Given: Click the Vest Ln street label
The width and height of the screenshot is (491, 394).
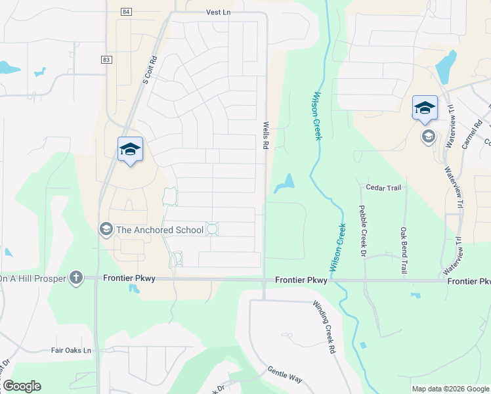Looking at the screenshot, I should click(219, 12).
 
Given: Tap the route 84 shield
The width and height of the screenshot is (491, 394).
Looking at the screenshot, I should click(126, 12).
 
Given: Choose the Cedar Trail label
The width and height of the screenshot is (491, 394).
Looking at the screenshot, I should click(383, 188).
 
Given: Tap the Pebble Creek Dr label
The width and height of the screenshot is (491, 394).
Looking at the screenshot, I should click(362, 229).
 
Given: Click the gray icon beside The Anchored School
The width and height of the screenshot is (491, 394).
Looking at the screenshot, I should click(105, 229).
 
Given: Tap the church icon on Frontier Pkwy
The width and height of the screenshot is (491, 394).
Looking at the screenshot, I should click(76, 278).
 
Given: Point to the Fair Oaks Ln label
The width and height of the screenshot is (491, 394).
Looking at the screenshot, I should click(71, 351).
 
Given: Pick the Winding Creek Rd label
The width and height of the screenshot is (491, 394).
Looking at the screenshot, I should click(324, 328).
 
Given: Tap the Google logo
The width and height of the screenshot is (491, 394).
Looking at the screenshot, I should click(21, 386).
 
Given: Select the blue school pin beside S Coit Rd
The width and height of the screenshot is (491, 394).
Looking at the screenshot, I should click(130, 150).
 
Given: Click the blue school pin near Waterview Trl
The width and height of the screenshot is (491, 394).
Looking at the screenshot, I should click(425, 108).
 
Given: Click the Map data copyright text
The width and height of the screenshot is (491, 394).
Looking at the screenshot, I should click(450, 389).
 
